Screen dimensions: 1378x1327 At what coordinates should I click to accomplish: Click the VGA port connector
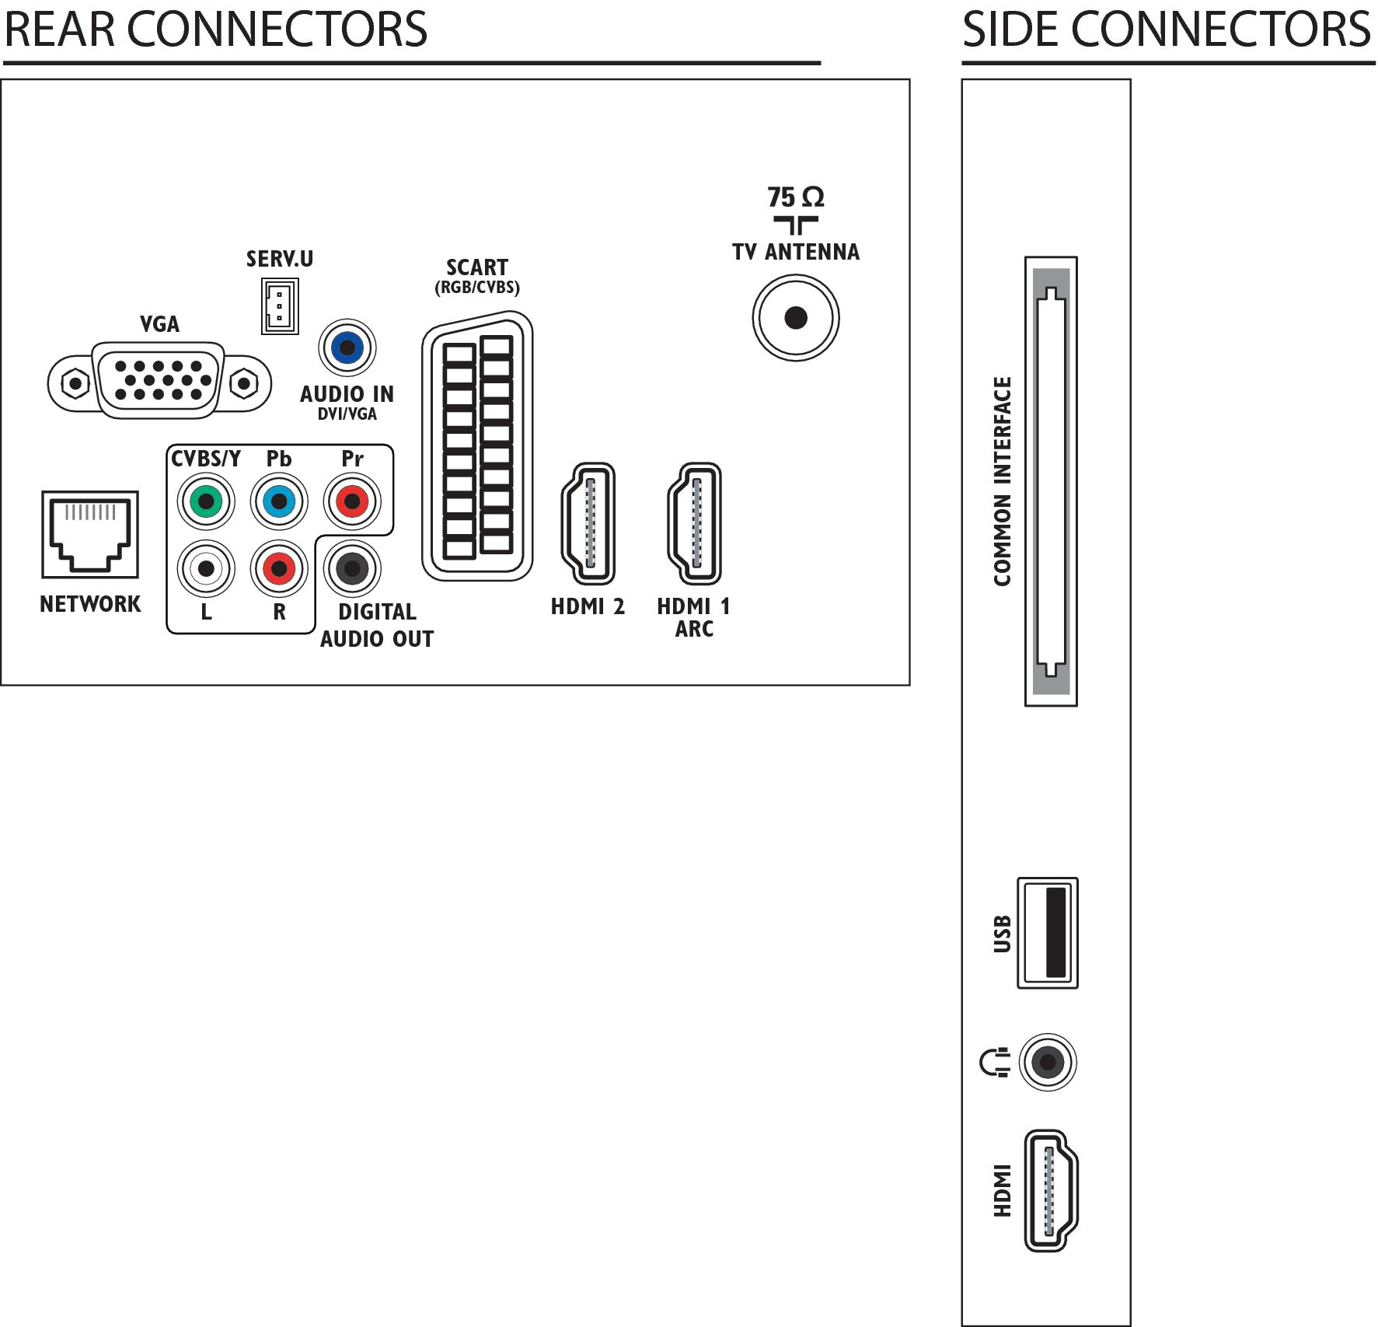point(159,380)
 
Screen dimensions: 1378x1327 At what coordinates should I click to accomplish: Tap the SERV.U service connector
point(280,306)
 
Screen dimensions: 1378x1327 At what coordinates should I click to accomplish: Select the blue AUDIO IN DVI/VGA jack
point(347,347)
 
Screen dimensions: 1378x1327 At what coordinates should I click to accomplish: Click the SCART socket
point(477,446)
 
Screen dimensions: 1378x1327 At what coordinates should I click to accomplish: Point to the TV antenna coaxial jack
point(796,318)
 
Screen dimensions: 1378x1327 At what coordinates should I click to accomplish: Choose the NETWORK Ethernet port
point(90,534)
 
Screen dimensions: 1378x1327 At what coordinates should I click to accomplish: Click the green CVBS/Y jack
point(206,501)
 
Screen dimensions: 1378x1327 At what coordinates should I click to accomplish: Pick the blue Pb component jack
point(279,501)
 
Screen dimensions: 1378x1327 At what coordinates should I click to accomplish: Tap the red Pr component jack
point(352,501)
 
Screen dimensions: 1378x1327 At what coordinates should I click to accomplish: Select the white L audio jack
point(206,569)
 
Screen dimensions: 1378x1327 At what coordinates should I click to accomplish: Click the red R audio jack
point(279,569)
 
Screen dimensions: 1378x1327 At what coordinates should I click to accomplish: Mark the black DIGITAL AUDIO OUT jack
point(352,569)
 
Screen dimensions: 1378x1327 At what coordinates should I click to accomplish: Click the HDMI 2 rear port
point(588,523)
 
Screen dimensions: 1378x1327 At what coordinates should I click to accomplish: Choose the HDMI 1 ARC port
point(695,523)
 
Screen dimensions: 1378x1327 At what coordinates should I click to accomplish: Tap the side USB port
point(1048,933)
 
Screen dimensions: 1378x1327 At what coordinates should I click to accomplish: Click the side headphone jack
point(1048,1062)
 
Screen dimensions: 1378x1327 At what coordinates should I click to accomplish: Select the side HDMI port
point(1051,1191)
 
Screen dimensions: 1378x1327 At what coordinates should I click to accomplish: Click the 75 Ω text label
point(796,197)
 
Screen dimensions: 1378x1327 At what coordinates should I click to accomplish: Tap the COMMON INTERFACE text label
point(1003,481)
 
